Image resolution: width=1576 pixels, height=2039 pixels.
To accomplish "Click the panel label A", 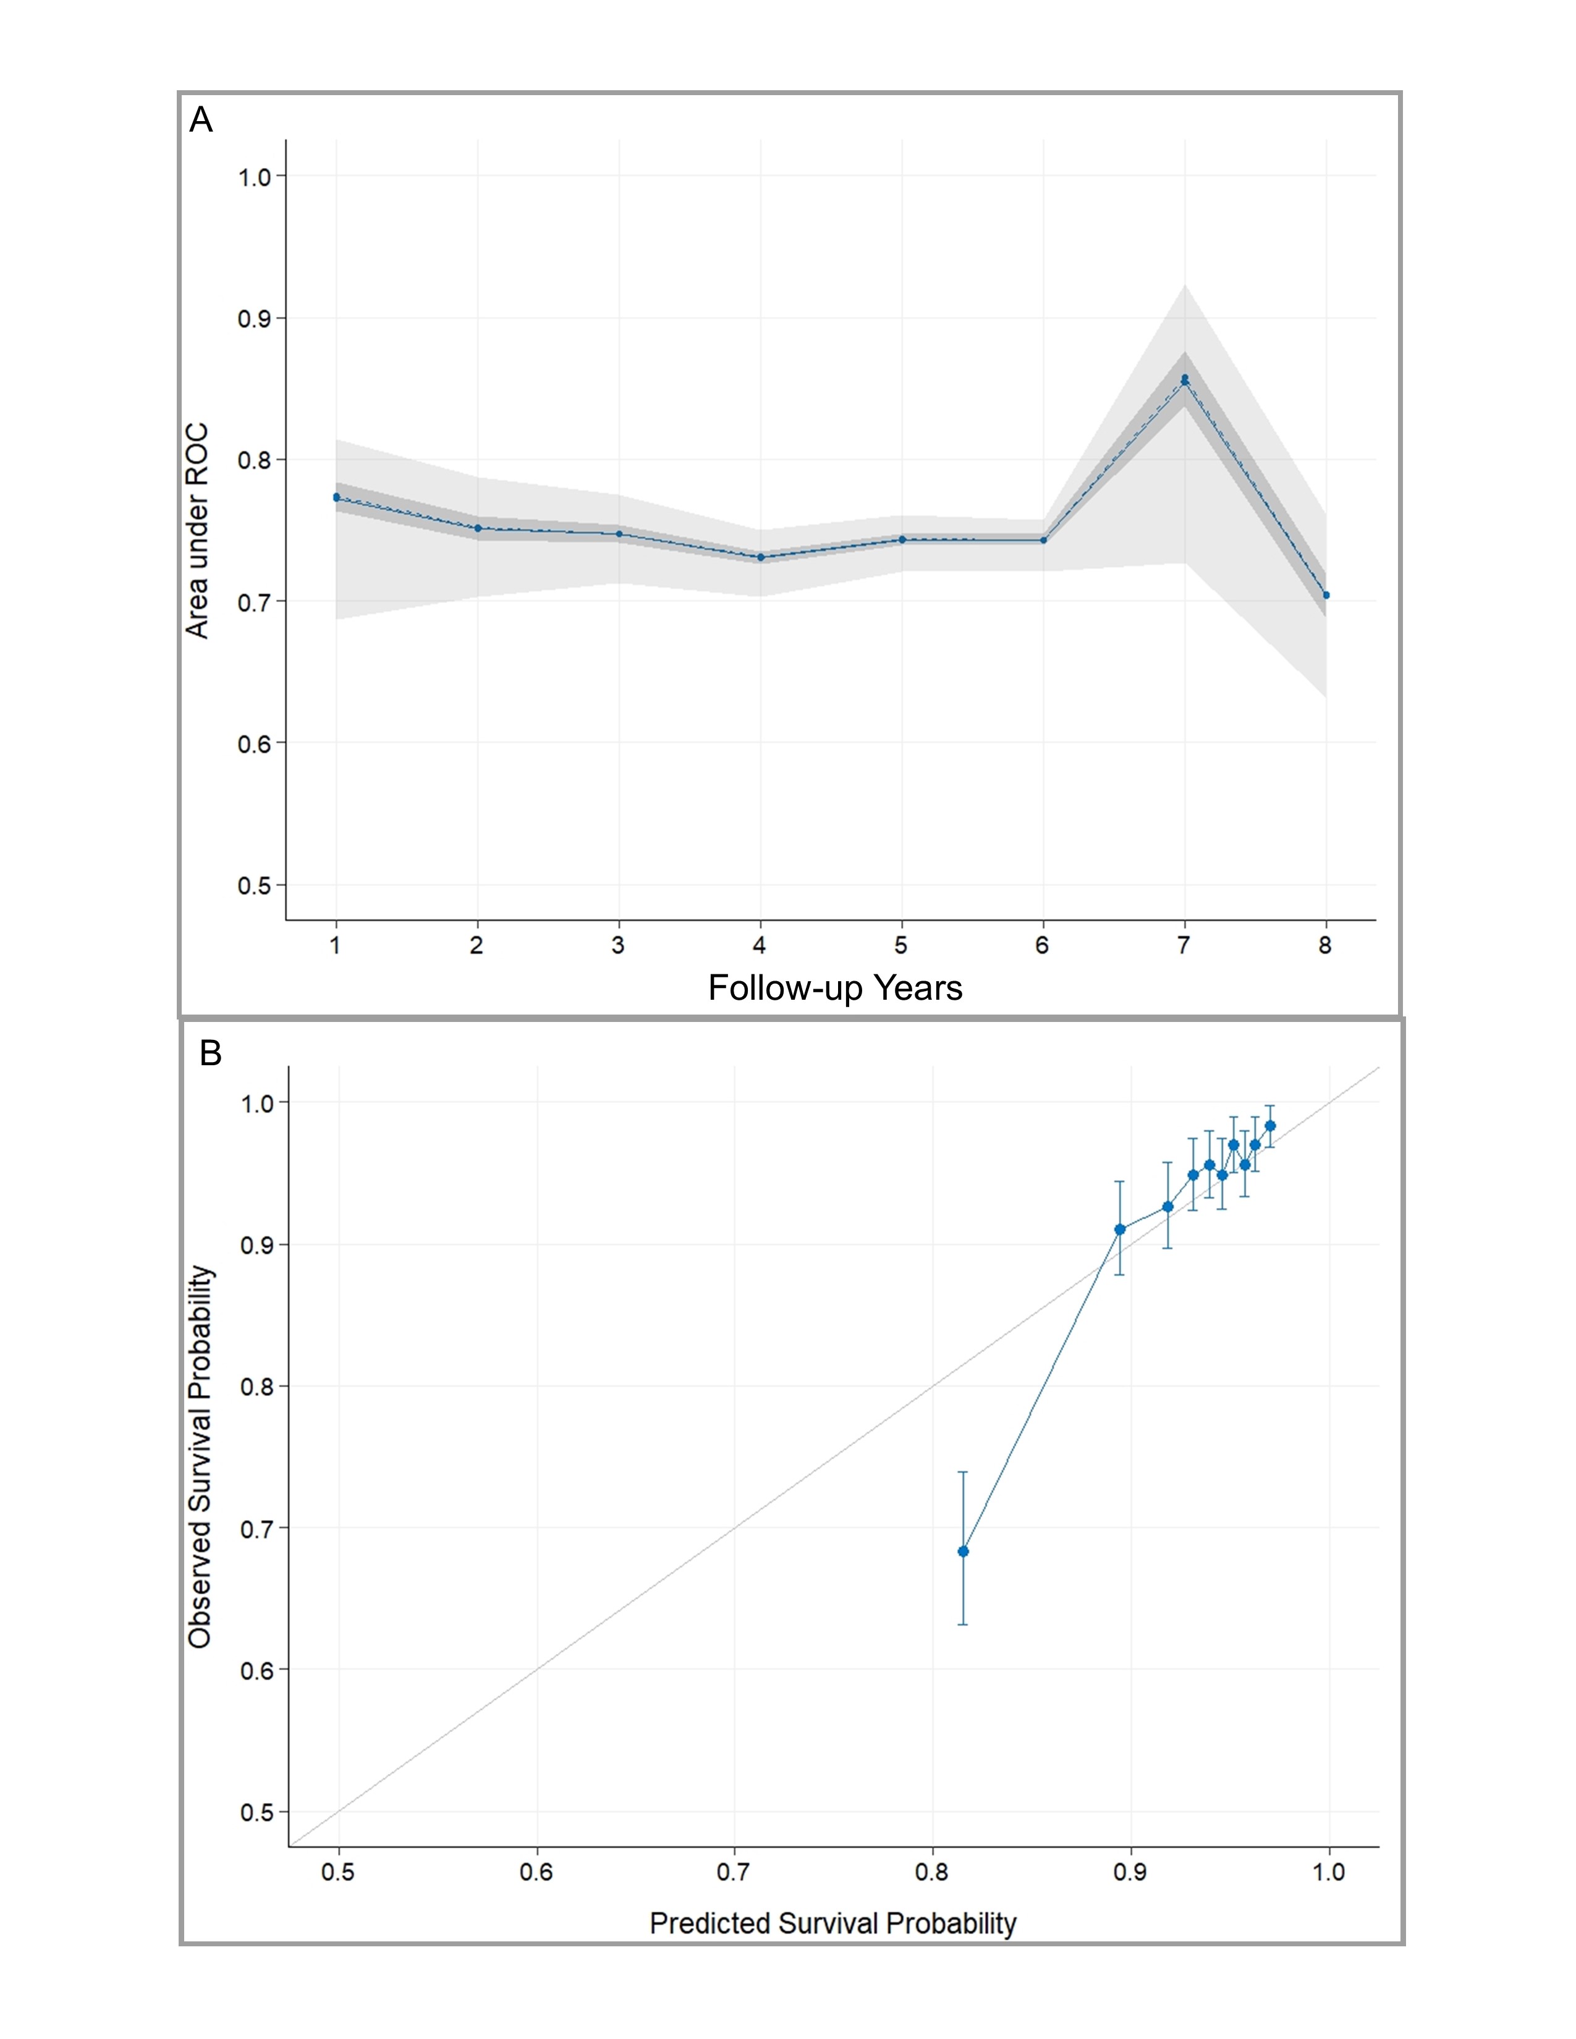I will (x=201, y=120).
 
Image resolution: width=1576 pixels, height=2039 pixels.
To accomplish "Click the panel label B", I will (x=210, y=1053).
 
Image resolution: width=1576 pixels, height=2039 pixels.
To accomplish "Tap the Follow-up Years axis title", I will (x=835, y=988).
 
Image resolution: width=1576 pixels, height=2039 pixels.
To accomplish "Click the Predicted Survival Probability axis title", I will (x=833, y=1923).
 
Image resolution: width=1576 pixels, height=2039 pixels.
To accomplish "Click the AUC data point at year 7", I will (x=1185, y=379).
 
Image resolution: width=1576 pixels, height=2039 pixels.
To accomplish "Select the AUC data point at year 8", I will (x=1326, y=594).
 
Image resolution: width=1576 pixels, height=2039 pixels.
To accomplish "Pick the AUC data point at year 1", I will (x=336, y=497).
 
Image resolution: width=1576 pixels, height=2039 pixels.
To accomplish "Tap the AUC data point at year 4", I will (x=761, y=557).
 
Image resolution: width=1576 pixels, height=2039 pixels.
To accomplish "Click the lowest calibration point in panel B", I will (x=964, y=1551).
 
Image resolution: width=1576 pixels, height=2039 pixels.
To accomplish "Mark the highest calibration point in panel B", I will (x=1270, y=1126).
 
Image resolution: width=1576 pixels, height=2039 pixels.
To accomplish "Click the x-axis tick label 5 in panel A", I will (x=901, y=946).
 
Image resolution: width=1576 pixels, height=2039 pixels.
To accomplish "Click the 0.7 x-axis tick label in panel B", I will (x=734, y=1872).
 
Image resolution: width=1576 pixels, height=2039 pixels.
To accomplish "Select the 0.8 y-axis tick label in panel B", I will (x=256, y=1387).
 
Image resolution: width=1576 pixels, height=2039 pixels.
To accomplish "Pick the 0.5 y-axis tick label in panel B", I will (x=256, y=1812).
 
